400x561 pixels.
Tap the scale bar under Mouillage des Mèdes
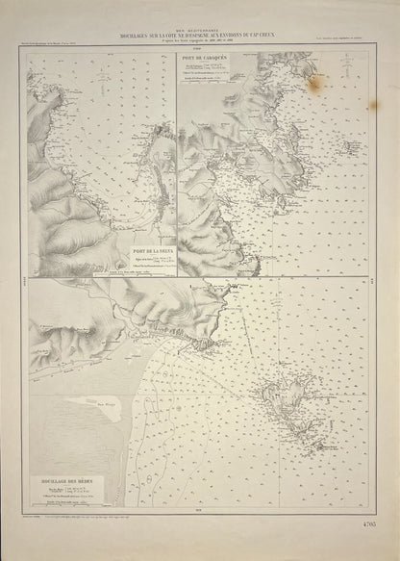click(x=58, y=505)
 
